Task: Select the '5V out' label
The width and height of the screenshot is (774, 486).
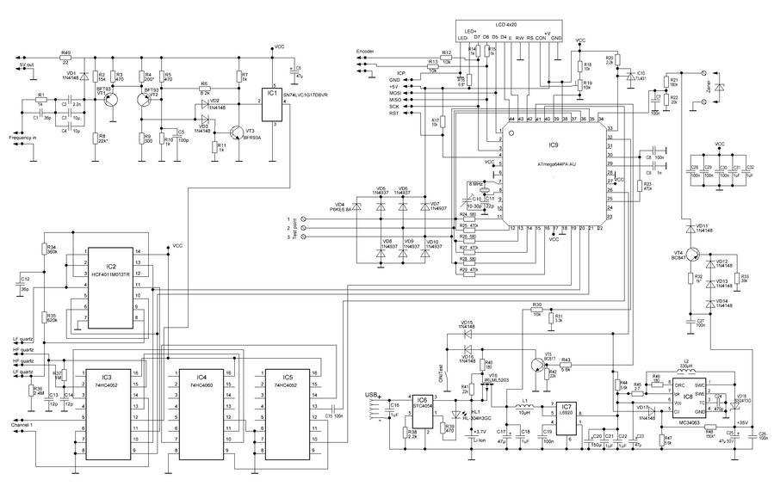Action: tap(26, 64)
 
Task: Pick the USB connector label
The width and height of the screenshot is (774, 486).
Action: tap(371, 394)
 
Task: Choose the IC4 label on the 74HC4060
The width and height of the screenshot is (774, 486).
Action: tap(201, 378)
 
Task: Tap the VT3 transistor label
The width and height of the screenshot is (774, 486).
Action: tap(250, 131)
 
